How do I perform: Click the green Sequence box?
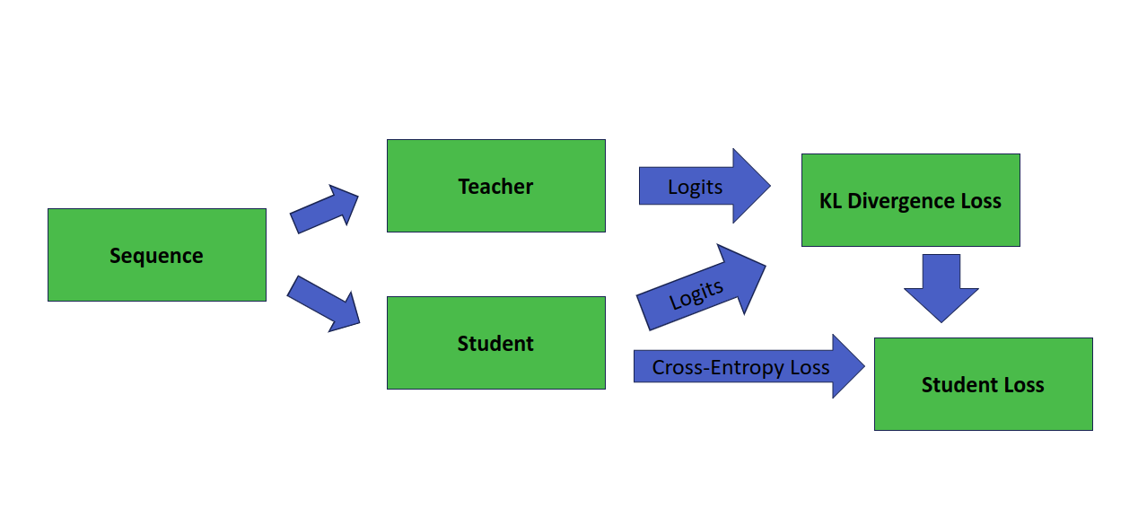(x=156, y=255)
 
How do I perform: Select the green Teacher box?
(x=495, y=186)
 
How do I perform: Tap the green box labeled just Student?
(x=495, y=343)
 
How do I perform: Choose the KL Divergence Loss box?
(x=910, y=200)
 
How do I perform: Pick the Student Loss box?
(x=983, y=384)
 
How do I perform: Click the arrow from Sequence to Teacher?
(x=324, y=209)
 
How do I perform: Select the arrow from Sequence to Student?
(x=323, y=302)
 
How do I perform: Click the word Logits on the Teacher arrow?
(x=695, y=187)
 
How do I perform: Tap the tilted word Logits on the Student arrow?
(x=696, y=294)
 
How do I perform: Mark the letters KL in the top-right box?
(x=831, y=201)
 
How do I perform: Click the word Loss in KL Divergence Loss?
(x=980, y=201)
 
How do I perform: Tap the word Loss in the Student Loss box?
(x=1024, y=385)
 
